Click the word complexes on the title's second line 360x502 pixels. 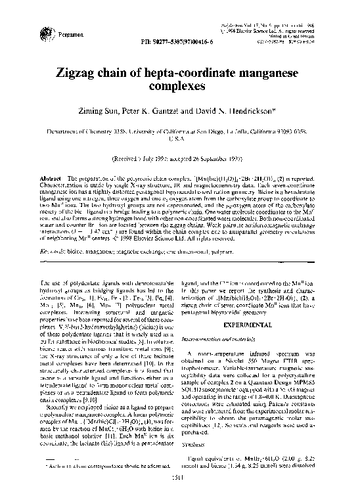180,85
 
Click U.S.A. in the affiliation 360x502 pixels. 179,140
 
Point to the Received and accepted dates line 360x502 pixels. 179,159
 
